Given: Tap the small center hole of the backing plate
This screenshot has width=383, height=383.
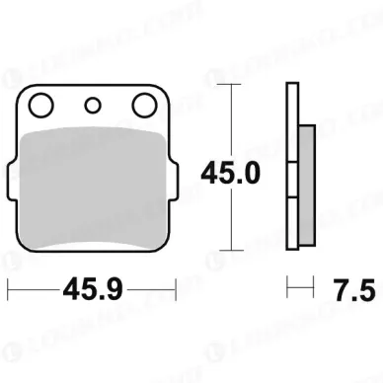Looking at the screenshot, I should coord(93,106).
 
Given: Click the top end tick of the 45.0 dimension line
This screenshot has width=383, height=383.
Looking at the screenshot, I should coord(229,86).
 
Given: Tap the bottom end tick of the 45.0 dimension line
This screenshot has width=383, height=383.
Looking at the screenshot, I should coord(229,251).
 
